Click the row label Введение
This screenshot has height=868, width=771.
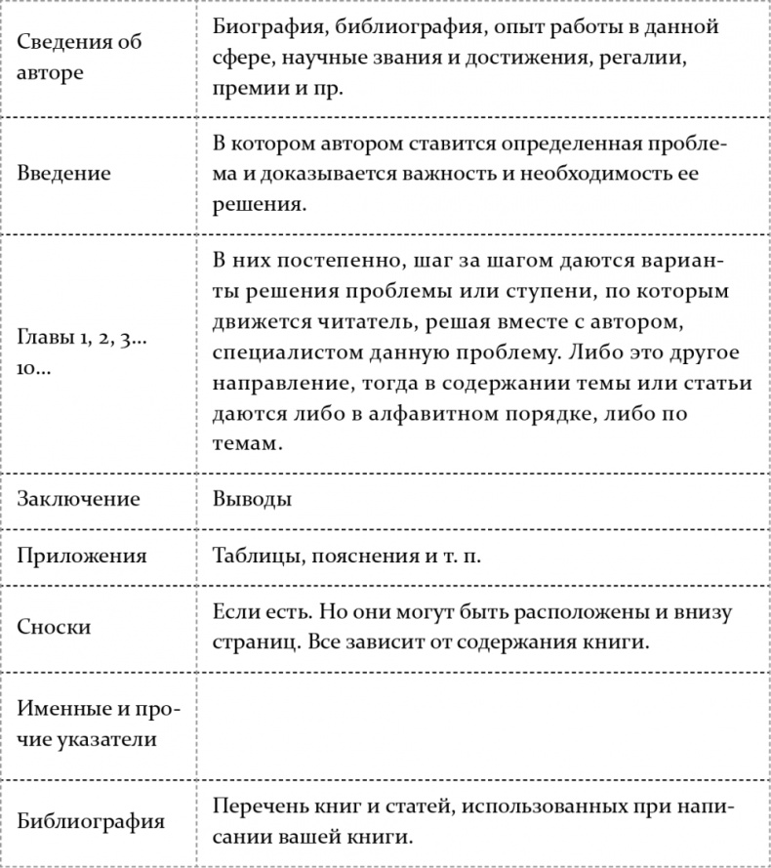click(x=63, y=174)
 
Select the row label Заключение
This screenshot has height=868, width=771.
click(x=78, y=499)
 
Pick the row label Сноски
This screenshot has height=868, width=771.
click(x=54, y=627)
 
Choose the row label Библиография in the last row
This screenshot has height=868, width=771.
click(x=90, y=822)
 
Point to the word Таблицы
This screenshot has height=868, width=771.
click(x=255, y=556)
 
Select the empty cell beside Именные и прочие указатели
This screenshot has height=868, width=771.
click(x=482, y=723)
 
